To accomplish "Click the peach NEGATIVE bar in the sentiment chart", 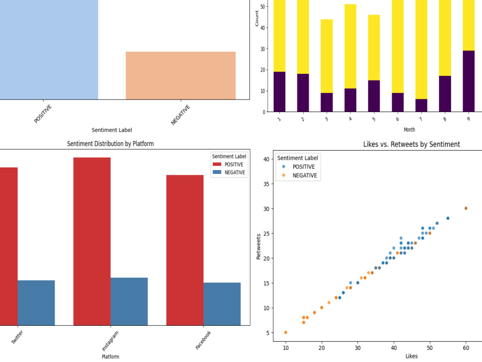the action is point(181,75).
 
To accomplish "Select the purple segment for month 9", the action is point(469,81).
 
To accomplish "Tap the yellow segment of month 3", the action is point(326,56).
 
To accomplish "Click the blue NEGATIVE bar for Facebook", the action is point(222,304).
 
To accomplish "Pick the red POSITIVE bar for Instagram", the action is point(92,241).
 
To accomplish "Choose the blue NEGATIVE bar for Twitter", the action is point(36,303).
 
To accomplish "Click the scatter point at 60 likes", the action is point(466,209).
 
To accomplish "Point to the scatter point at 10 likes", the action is point(285,333).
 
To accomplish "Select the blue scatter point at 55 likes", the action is point(448,218).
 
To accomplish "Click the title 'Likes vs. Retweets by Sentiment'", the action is point(412,144).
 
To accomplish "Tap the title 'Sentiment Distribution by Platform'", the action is point(110,143).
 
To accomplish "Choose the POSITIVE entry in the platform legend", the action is point(228,165).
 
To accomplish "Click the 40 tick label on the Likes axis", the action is point(394,348).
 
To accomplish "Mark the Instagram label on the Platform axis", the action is point(110,341).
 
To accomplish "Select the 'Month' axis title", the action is point(409,129).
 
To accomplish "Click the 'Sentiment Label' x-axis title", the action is point(112,130).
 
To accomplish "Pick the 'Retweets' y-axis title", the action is point(258,247).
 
